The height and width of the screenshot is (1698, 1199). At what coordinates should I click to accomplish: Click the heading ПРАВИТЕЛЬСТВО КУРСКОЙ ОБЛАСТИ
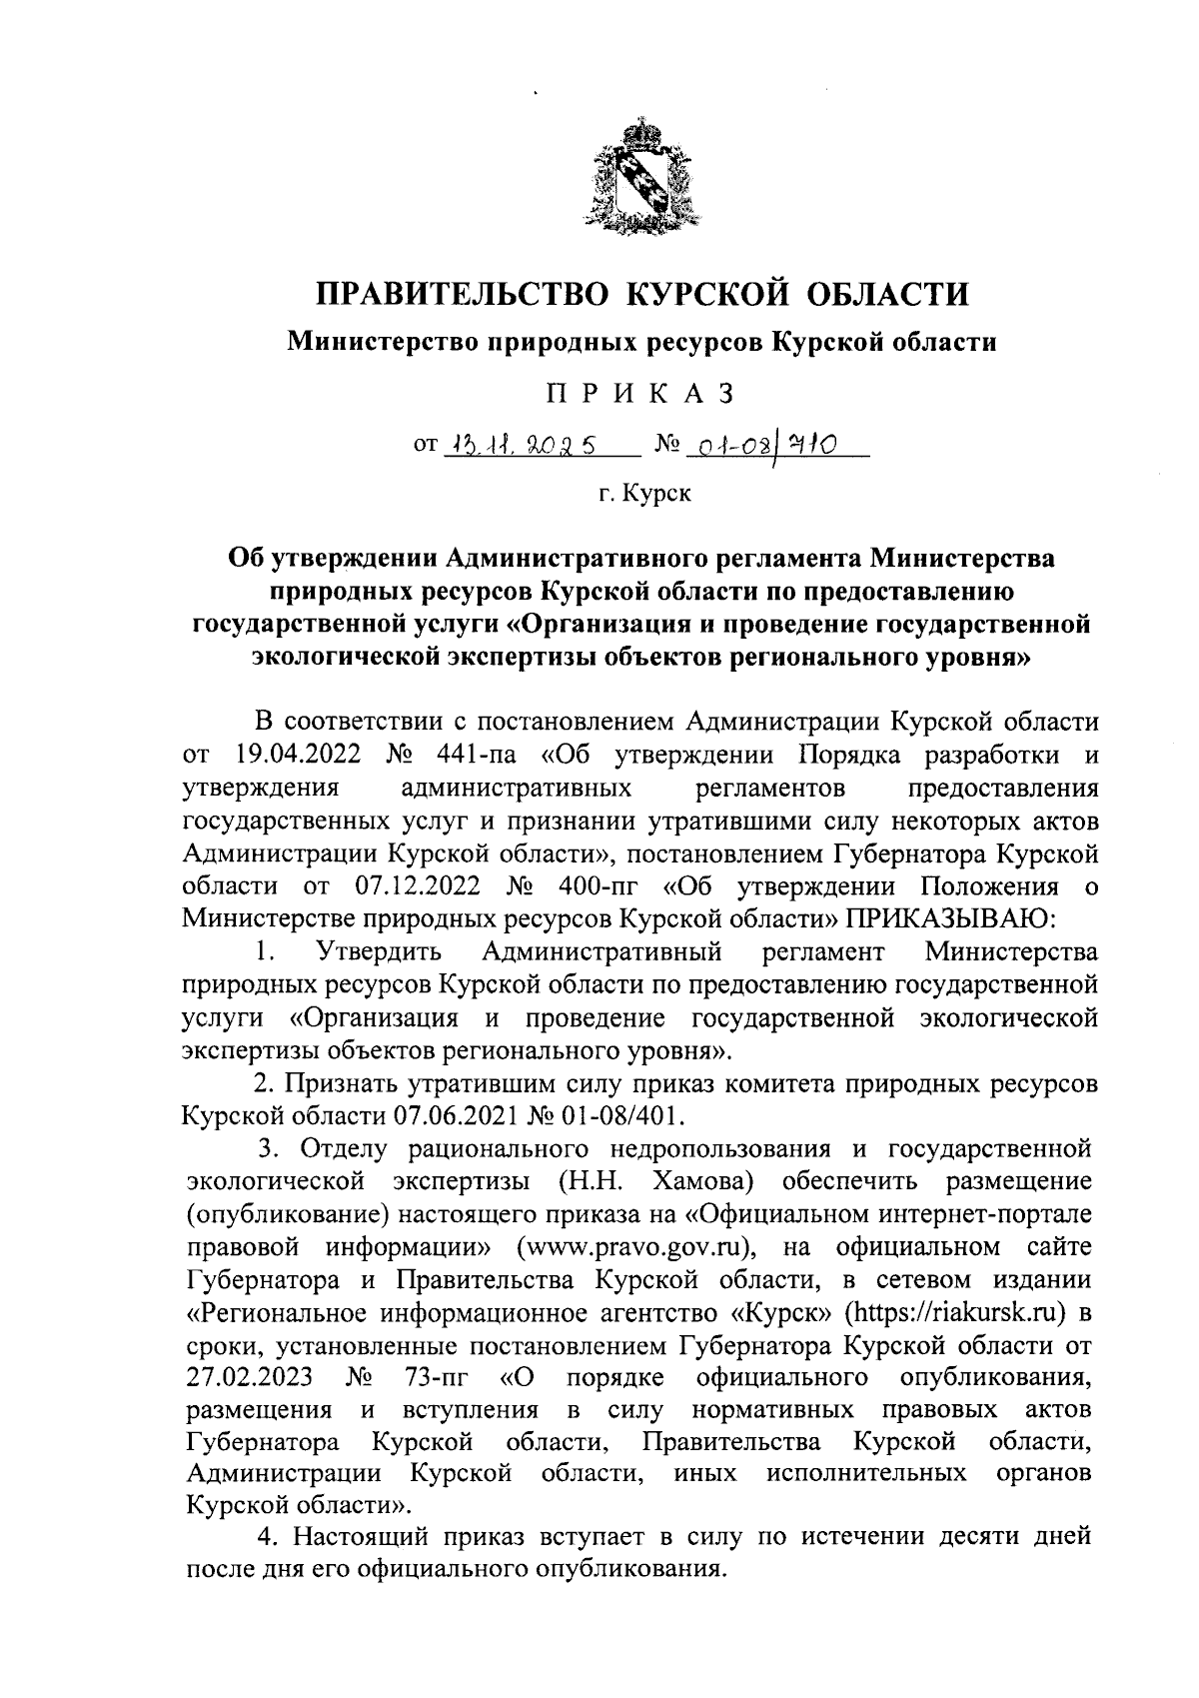(x=642, y=294)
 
